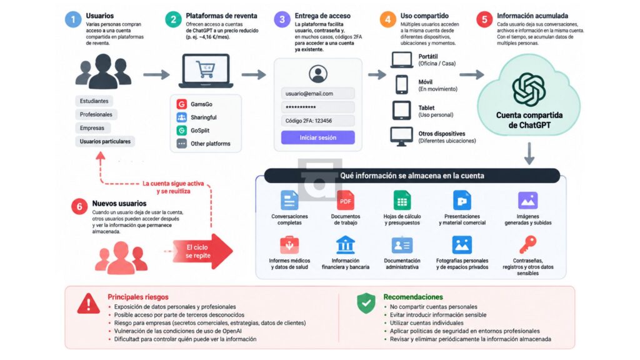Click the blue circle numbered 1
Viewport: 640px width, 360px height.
click(x=74, y=19)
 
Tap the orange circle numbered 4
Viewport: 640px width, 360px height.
click(x=387, y=19)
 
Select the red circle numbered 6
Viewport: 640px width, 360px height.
click(x=79, y=206)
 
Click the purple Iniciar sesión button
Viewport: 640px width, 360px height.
click(x=318, y=137)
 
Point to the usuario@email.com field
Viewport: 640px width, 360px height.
click(x=318, y=94)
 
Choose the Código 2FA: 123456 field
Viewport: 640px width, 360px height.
click(x=318, y=121)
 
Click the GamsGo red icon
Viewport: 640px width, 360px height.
click(x=182, y=104)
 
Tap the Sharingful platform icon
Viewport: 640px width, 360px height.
click(x=182, y=117)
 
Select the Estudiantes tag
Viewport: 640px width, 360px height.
click(x=94, y=101)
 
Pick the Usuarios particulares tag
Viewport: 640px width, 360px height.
click(x=105, y=142)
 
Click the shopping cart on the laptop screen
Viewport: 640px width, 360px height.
click(x=205, y=69)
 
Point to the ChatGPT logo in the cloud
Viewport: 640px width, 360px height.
click(x=529, y=89)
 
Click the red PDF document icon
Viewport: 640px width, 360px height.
click(x=345, y=201)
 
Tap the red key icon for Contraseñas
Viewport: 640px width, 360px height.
click(x=527, y=245)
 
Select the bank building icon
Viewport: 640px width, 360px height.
click(x=345, y=245)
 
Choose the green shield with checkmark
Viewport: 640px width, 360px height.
click(x=366, y=303)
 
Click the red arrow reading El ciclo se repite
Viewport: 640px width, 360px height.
click(x=202, y=251)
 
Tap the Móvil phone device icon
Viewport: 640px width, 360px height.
click(x=402, y=85)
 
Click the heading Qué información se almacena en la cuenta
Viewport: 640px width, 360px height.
click(x=412, y=176)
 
